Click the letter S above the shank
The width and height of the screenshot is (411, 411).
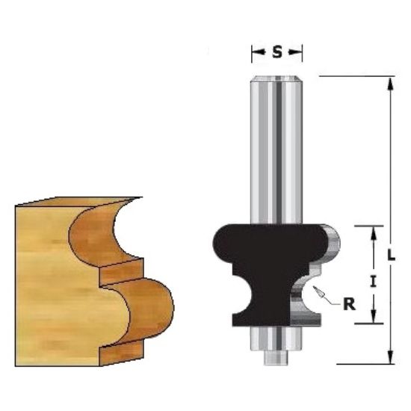tap(277, 52)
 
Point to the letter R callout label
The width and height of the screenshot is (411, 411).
tap(348, 304)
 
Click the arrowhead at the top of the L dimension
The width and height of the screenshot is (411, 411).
tap(389, 81)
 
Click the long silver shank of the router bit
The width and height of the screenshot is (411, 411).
tap(276, 149)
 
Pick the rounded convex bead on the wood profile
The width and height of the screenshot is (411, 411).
tap(149, 306)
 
